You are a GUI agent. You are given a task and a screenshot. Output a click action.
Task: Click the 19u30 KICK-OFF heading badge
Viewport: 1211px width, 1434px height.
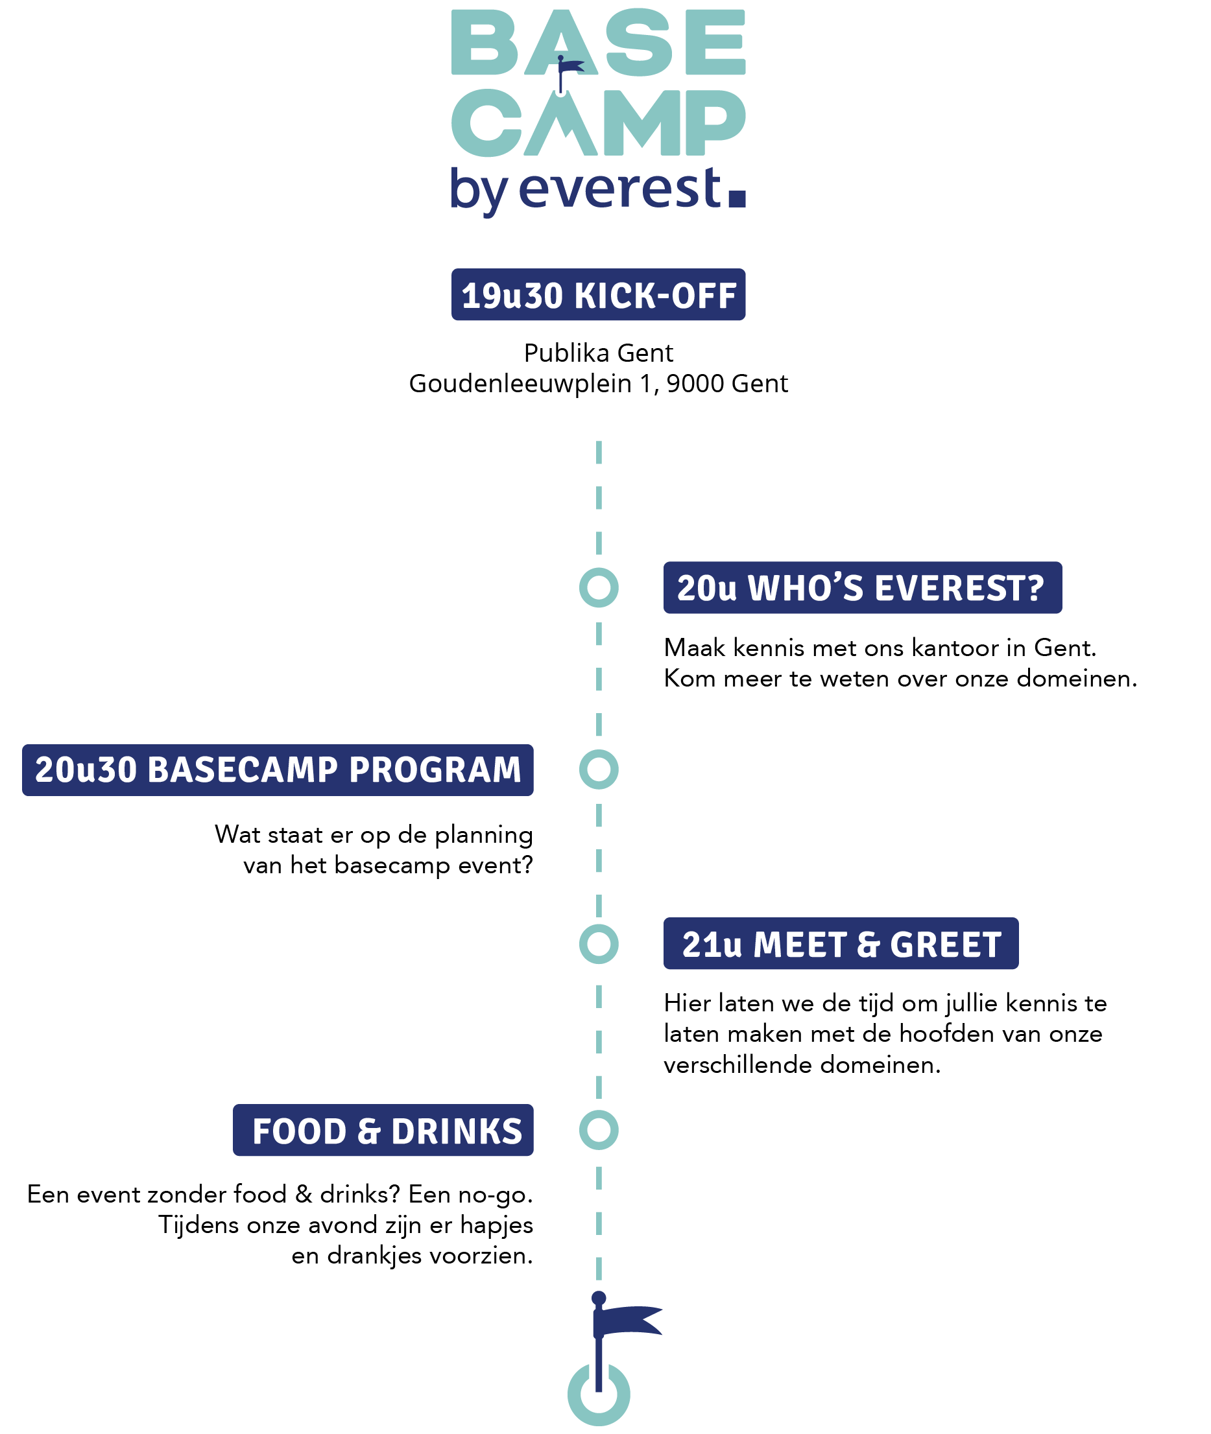[x=598, y=295]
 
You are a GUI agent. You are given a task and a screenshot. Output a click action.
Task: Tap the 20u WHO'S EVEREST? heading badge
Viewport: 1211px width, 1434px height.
[x=861, y=588]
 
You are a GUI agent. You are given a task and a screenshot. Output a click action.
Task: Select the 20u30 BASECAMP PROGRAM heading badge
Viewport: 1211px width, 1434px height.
[x=278, y=770]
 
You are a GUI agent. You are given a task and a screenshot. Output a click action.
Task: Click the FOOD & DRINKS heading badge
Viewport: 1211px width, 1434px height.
[x=383, y=1131]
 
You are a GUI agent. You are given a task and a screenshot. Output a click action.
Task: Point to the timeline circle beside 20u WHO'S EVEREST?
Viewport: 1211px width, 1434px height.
[x=599, y=588]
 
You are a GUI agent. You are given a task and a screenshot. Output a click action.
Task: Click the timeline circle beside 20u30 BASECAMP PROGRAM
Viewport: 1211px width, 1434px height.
[x=599, y=770]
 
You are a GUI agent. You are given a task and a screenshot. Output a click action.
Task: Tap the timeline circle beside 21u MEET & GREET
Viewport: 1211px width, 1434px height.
[x=599, y=944]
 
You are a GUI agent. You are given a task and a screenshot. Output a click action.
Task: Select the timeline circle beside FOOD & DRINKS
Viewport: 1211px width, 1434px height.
[x=599, y=1131]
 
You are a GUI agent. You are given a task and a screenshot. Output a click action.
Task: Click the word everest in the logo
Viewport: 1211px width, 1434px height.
[x=621, y=189]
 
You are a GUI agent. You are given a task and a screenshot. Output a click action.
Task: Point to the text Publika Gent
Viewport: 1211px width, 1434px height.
[x=598, y=353]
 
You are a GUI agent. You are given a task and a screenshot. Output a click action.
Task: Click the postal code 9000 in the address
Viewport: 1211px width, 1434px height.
[x=694, y=384]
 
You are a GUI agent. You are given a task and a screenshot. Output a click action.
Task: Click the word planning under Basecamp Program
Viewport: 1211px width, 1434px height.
[x=483, y=836]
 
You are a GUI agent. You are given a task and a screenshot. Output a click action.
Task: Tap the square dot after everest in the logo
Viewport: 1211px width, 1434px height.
[x=737, y=198]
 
